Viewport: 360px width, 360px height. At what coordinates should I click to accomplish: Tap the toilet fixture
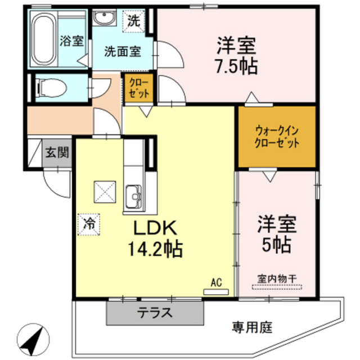coord(48,88)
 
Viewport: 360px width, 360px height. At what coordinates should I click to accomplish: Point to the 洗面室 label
coord(122,51)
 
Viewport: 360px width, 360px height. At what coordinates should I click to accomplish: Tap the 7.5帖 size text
coord(236,66)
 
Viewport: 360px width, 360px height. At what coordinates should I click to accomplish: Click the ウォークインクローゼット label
coord(276,137)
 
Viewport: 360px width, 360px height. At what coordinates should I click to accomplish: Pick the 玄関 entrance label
coord(57,152)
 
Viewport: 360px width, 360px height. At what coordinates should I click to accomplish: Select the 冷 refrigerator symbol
coord(89,223)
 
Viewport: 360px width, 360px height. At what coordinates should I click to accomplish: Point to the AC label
coord(216,282)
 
